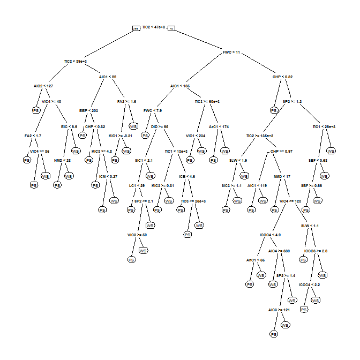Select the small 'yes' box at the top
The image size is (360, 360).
[x=136, y=28]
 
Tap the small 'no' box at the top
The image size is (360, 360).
[x=171, y=28]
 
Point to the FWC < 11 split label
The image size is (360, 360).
[x=231, y=52]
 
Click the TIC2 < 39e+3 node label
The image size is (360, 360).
[x=76, y=62]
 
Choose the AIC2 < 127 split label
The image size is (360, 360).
[x=43, y=86]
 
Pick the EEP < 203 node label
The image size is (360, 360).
[x=88, y=110]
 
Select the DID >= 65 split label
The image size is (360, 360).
[x=160, y=127]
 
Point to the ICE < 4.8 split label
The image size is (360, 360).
[x=187, y=176]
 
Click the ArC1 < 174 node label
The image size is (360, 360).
[x=219, y=127]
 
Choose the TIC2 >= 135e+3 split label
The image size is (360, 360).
[x=260, y=136]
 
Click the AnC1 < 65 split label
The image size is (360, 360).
[x=255, y=260]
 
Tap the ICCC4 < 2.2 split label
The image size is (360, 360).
[x=309, y=284]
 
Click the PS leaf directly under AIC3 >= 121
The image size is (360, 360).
[x=273, y=334]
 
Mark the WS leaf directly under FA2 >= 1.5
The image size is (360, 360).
[x=133, y=126]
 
